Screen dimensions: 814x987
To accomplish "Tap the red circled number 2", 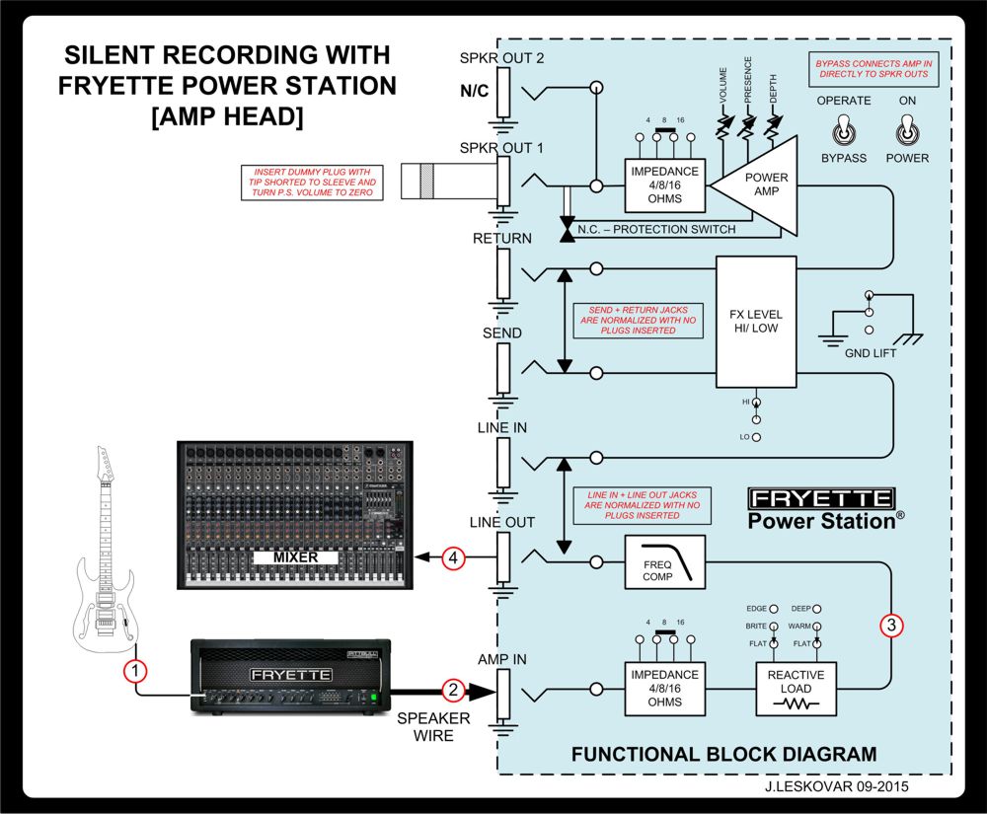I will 452,690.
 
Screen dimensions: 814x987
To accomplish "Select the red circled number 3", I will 891,625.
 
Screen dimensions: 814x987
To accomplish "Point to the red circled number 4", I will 453,558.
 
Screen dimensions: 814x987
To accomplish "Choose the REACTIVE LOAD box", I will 796,688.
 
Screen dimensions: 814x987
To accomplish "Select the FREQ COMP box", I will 665,562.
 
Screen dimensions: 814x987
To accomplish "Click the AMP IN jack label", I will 503,658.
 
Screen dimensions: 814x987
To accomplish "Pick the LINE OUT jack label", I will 502,522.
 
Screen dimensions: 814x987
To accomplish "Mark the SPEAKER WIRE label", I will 433,726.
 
